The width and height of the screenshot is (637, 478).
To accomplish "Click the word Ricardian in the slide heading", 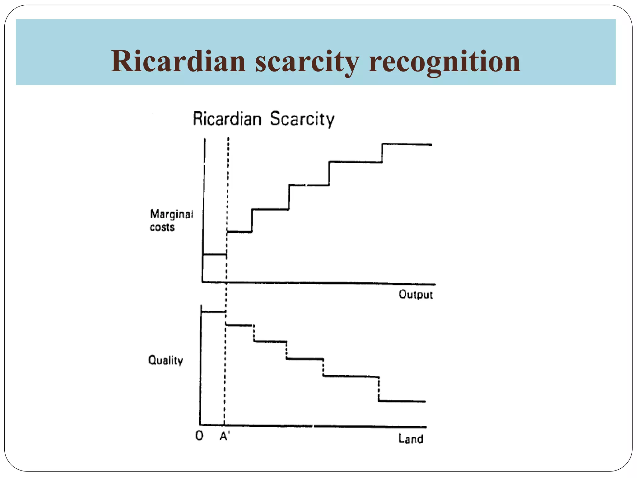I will click(178, 61).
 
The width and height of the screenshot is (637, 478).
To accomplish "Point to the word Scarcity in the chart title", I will click(302, 119).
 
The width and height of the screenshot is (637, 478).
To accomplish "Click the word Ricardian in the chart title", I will click(227, 119).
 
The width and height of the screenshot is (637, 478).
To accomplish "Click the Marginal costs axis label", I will click(171, 220).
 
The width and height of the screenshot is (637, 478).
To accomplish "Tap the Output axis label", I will click(416, 294).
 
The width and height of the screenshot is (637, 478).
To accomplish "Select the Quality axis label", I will click(165, 360).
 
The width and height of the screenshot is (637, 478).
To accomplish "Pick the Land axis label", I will click(411, 439).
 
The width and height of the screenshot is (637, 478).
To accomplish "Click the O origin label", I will click(199, 436).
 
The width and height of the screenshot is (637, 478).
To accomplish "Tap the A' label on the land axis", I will click(225, 437).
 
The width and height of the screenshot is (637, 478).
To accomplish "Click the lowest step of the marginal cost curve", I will click(215, 255).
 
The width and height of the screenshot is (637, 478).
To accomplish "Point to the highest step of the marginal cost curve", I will click(407, 144).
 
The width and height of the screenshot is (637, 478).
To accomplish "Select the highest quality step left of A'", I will click(213, 312).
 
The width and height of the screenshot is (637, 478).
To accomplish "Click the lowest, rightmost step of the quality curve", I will click(402, 401).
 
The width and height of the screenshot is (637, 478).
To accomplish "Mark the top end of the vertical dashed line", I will click(228, 138).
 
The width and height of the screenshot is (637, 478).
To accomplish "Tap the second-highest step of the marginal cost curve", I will click(356, 162).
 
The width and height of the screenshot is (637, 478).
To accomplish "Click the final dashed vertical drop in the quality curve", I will click(379, 389).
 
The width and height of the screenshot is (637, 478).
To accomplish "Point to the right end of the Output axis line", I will click(435, 284).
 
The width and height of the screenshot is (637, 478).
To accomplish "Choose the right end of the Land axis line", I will click(426, 427).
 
